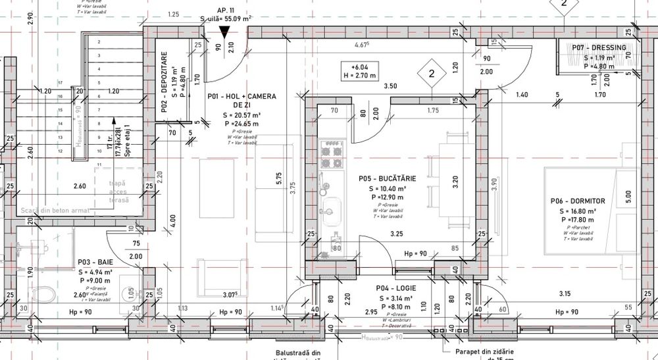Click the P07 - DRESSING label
(x=599, y=48)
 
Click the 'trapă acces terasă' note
(x=118, y=192)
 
